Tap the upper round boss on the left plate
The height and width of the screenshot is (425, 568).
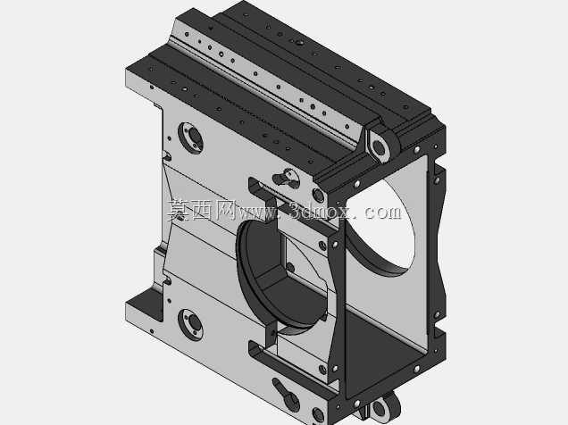click(x=190, y=137)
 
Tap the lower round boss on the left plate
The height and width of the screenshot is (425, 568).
click(x=190, y=324)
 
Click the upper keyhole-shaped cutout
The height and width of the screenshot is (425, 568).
click(x=286, y=178)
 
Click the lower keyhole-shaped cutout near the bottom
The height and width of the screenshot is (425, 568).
click(x=286, y=395)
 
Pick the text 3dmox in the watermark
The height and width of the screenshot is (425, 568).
click(x=321, y=211)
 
